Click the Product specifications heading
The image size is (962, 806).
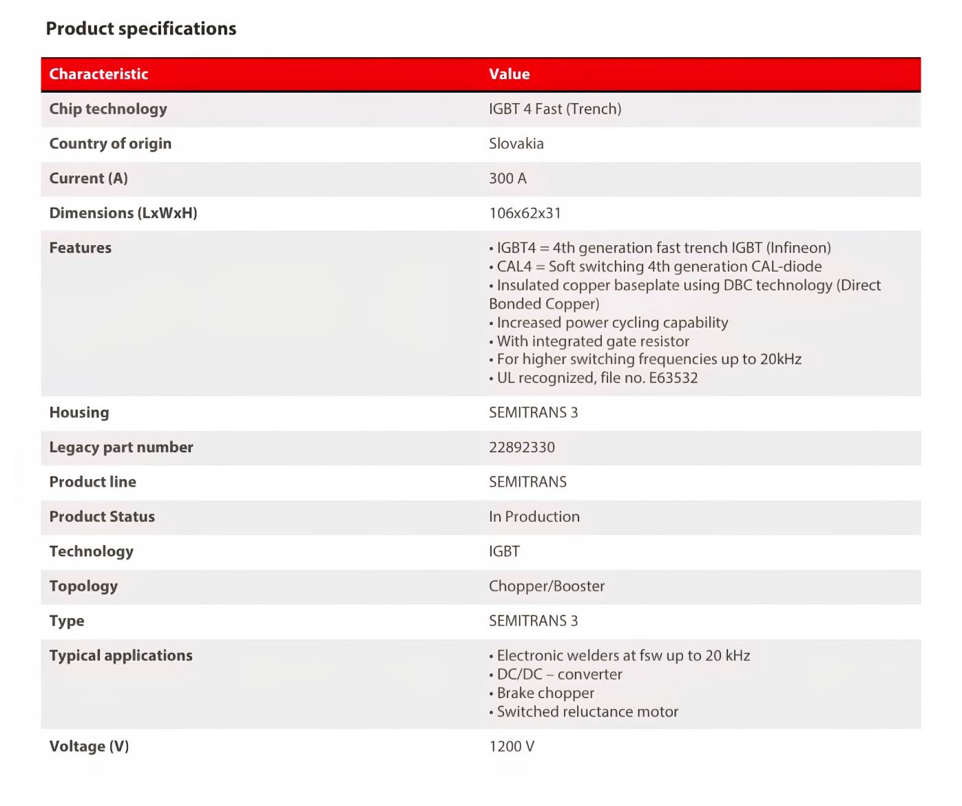[x=141, y=29]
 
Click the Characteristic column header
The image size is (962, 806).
[x=98, y=74]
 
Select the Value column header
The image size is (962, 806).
[x=509, y=74]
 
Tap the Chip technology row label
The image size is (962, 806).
[x=108, y=109]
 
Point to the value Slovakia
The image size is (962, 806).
[x=516, y=144]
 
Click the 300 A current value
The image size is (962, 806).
[x=508, y=178]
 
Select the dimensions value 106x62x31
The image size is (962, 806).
[x=525, y=213]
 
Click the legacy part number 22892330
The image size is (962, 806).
[x=521, y=447]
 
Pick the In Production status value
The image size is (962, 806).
[x=534, y=517]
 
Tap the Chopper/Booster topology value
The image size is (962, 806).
[x=546, y=586]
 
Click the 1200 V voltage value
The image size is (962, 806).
[x=511, y=747]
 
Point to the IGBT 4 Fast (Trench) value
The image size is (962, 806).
[x=554, y=109]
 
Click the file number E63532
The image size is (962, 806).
[x=673, y=378]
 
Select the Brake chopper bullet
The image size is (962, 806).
[x=545, y=693]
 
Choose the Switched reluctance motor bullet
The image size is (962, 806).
[x=587, y=712]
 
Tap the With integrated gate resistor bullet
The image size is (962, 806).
[x=592, y=341]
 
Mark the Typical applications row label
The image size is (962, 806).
[x=121, y=656]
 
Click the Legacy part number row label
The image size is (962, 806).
[x=121, y=447]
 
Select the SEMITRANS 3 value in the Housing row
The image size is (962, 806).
[x=533, y=413]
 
